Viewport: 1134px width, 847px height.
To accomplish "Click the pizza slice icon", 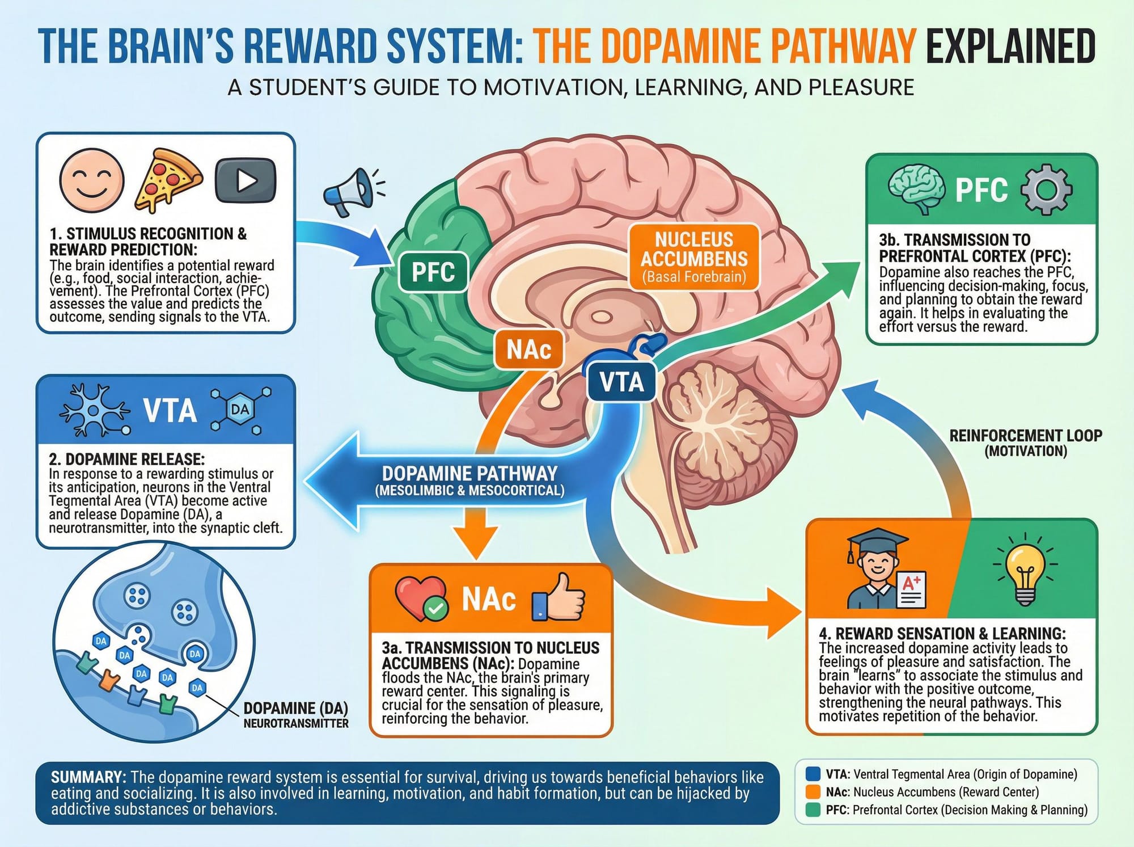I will click(x=168, y=180).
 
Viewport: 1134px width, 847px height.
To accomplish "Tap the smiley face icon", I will click(x=92, y=180).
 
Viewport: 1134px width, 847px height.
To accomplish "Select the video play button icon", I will click(x=246, y=181).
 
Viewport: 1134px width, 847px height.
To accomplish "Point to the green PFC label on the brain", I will click(x=433, y=272).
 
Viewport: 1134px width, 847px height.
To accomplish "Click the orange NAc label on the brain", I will click(x=528, y=349).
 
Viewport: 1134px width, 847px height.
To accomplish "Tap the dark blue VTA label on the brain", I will click(x=621, y=382).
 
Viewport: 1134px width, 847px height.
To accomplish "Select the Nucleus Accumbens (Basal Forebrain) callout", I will click(x=694, y=258).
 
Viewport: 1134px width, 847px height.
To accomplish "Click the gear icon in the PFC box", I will click(x=1046, y=189).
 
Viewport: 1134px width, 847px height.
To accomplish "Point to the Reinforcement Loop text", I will click(x=1026, y=443).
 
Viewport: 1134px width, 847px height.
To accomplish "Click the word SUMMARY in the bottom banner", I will click(x=88, y=777).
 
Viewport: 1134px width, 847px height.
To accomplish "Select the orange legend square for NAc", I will click(x=813, y=792).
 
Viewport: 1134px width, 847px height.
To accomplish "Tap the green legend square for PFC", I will click(x=813, y=810).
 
